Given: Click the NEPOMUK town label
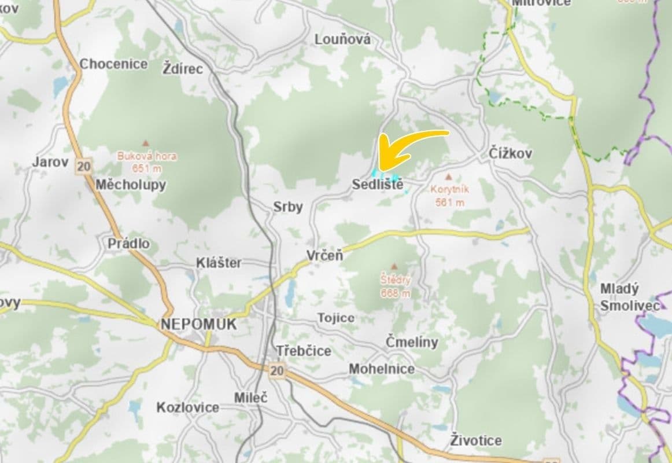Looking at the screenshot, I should click(x=199, y=325).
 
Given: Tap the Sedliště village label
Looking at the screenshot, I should click(x=377, y=185).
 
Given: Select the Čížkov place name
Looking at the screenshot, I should click(x=511, y=154).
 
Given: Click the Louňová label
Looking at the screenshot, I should click(x=343, y=39).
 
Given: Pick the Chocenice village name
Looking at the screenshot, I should click(x=113, y=64).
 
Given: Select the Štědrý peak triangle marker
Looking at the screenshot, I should click(x=395, y=267).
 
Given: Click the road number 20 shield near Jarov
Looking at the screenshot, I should click(x=83, y=167).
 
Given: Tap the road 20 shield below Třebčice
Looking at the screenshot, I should click(x=278, y=371).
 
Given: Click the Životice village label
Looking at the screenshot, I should click(x=476, y=440).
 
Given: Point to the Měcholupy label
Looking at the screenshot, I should click(x=131, y=185).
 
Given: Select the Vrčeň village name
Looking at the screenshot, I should click(x=324, y=255).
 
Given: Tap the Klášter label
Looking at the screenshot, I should click(x=219, y=263).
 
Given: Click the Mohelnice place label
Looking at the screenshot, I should click(x=382, y=369).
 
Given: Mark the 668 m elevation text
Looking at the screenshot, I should click(x=396, y=293).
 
